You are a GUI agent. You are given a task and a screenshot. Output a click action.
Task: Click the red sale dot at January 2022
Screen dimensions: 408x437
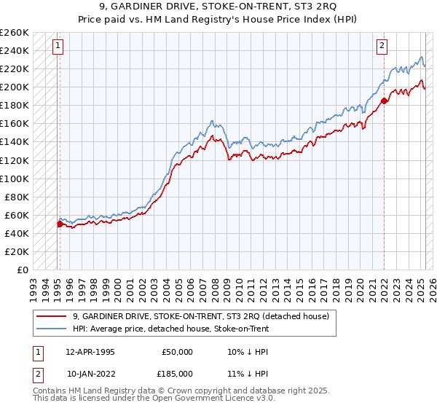coord(384,101)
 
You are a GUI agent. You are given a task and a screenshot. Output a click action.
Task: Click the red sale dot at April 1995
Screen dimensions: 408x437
coord(60,224)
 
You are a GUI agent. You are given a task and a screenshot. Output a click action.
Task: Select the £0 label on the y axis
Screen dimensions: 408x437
coord(22,270)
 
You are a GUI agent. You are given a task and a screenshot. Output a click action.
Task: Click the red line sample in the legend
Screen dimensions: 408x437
coord(51,316)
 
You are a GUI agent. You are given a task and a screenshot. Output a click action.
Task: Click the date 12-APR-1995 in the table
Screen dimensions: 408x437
coord(90,351)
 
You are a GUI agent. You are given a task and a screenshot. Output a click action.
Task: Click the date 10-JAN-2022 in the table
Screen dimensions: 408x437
coord(90,374)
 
